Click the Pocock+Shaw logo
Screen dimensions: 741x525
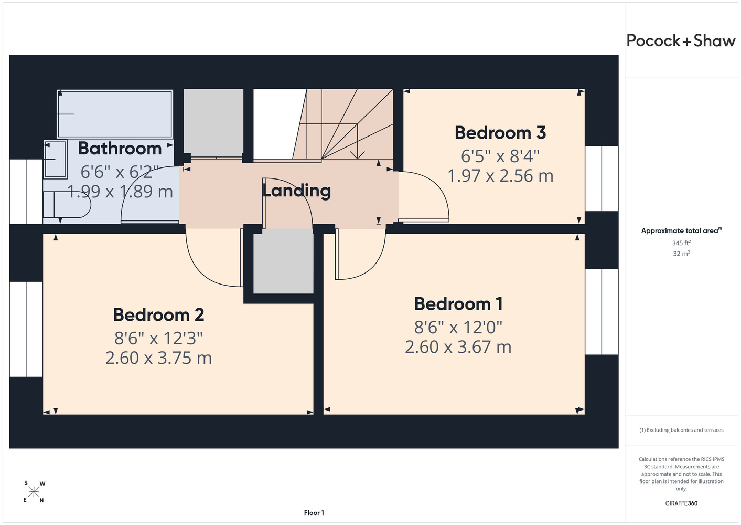(x=681, y=41)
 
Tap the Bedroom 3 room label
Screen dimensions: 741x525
(x=500, y=133)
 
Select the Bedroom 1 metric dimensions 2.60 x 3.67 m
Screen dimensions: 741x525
(x=458, y=347)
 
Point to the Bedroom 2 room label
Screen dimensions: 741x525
(x=158, y=314)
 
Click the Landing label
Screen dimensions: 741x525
(x=296, y=191)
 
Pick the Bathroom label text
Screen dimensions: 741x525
(x=120, y=148)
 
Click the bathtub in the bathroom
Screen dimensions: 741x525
(x=115, y=114)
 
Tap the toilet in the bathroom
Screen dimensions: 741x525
(x=67, y=205)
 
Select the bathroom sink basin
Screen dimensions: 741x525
(x=55, y=159)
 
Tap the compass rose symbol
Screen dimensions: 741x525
(x=34, y=492)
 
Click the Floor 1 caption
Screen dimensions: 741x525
(x=314, y=513)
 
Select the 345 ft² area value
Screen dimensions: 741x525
(x=681, y=243)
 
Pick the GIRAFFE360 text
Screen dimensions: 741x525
(x=681, y=503)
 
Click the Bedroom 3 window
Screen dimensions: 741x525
(x=602, y=178)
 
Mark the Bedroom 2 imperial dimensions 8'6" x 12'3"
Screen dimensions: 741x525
(x=158, y=339)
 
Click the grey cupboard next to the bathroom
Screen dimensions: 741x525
(x=213, y=122)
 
